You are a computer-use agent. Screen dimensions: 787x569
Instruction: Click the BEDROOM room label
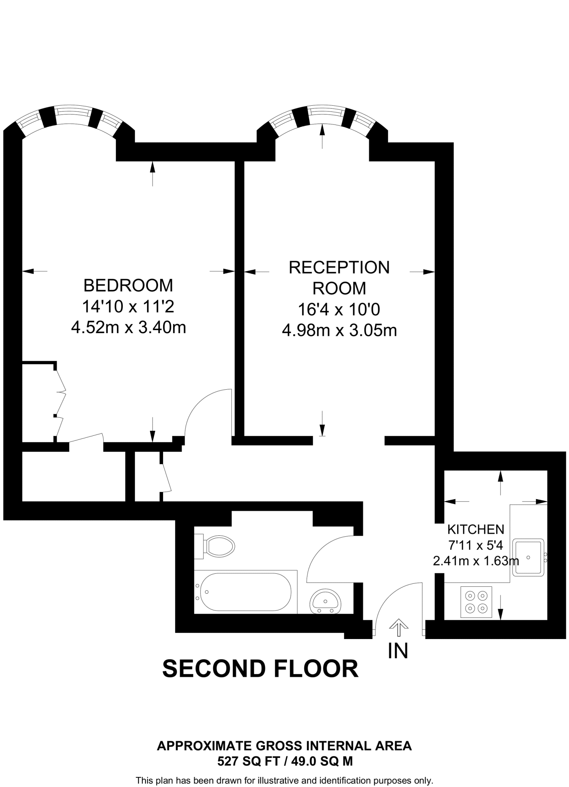[x=128, y=286]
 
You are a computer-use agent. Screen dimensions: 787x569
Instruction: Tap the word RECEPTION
[x=339, y=268]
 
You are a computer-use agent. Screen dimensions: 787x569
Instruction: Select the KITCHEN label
[x=476, y=530]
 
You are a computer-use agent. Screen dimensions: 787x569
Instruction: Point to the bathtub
[x=245, y=592]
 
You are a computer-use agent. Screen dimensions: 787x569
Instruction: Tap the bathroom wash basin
[x=325, y=602]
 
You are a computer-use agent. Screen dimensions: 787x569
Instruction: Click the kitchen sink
[x=528, y=557]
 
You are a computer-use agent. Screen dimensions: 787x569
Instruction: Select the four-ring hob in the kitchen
[x=476, y=602]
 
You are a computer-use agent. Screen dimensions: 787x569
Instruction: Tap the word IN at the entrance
[x=398, y=651]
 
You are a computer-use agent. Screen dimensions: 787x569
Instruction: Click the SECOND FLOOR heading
[x=260, y=669]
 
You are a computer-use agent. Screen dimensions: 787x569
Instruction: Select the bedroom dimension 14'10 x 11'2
[x=128, y=307]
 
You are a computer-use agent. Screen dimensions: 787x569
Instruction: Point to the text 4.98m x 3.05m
[x=339, y=330]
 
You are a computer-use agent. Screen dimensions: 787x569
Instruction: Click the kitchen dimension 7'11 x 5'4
[x=476, y=545]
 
